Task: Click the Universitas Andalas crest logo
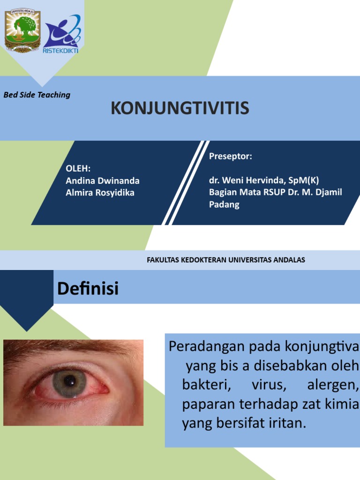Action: [x=22, y=31]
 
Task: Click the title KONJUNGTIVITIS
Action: [x=180, y=109]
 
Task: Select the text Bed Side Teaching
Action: [x=37, y=95]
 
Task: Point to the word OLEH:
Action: [x=78, y=169]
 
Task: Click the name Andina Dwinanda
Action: [x=102, y=180]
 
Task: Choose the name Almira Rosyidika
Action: [x=100, y=193]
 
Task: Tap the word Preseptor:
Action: [x=230, y=157]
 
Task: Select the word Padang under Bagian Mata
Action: [x=224, y=205]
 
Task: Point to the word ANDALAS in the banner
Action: [x=290, y=260]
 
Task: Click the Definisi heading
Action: [x=88, y=289]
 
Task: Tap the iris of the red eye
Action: [x=69, y=383]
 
